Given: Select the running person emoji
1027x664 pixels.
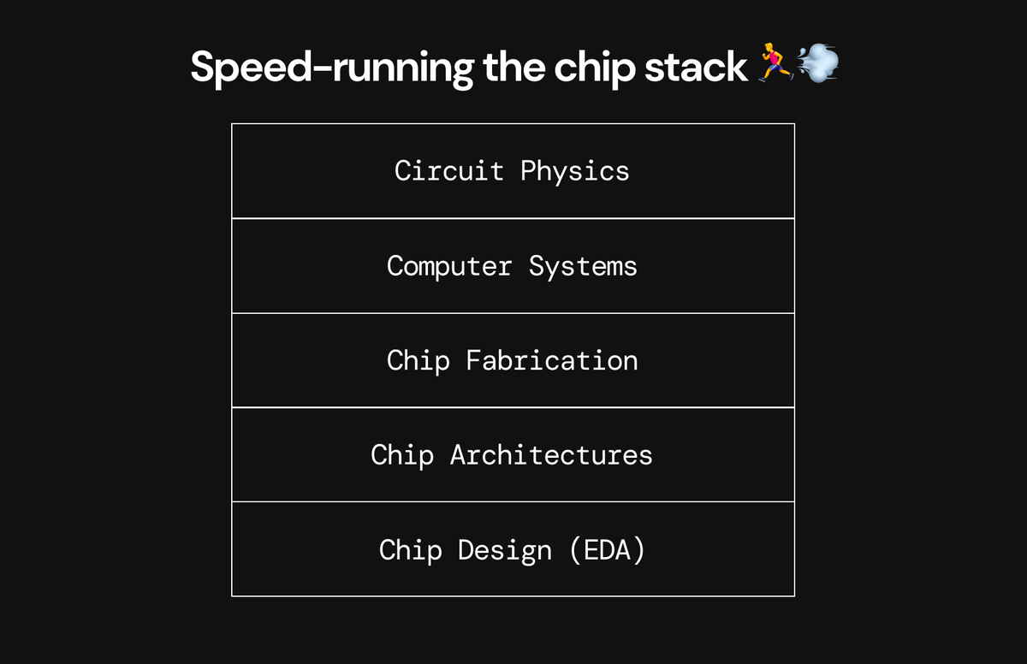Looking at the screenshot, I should tap(775, 66).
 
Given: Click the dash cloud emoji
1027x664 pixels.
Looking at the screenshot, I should tap(817, 64).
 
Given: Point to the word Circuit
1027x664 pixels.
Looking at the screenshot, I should tap(449, 170).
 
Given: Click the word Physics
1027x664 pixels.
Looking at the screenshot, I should tap(575, 171).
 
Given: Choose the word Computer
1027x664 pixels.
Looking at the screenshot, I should tap(449, 266).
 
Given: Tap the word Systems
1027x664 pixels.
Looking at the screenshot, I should tap(583, 266).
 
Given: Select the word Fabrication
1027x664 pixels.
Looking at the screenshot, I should tap(552, 360).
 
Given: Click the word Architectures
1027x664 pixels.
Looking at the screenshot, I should tap(551, 454).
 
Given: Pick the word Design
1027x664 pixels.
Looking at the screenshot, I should tap(505, 549).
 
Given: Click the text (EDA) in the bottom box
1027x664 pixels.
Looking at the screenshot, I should tap(607, 549).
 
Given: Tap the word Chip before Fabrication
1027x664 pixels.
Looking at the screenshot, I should tap(418, 360).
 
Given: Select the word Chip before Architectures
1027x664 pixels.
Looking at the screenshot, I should tap(402, 454).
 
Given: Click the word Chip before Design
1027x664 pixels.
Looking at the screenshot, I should tap(410, 549).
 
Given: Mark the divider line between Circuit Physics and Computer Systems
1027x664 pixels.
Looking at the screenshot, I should tap(513, 218).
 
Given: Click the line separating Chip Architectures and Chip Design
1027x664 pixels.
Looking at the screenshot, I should tap(513, 501).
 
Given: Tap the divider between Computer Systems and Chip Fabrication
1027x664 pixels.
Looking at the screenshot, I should tap(513, 313).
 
